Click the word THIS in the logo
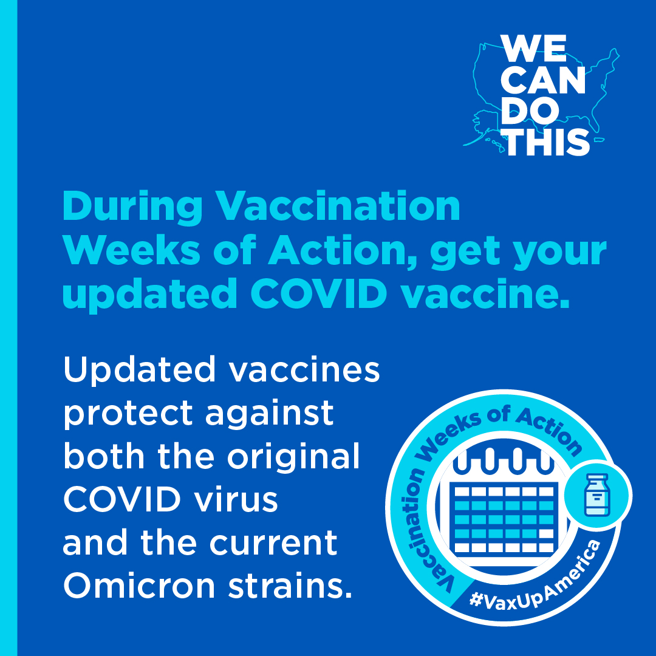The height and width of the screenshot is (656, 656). (548, 142)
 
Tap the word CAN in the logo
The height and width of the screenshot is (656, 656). (542, 80)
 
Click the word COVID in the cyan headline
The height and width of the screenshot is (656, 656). (319, 293)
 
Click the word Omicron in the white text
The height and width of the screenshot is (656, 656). (139, 586)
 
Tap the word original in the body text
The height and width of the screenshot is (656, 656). (293, 456)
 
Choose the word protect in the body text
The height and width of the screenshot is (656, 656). (128, 414)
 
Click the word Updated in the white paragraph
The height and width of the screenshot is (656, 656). (139, 369)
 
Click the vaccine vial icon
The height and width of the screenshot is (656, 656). (598, 495)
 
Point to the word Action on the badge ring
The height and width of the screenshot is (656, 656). (548, 431)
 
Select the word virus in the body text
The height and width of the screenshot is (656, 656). (236, 499)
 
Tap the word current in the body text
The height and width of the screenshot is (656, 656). (273, 542)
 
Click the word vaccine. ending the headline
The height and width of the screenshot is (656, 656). (485, 293)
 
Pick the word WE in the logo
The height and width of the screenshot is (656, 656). (533, 49)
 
